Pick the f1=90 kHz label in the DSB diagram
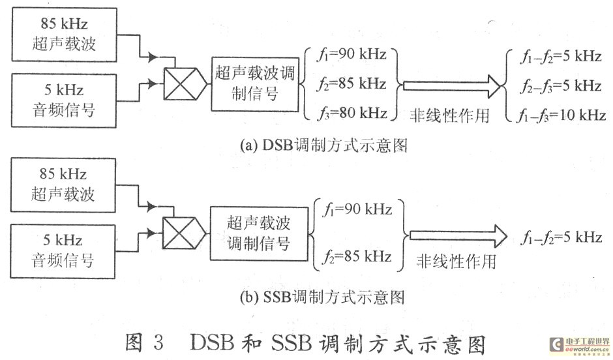pos(351,55)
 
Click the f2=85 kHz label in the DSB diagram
pos(351,84)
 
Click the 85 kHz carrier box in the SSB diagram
pos(64,184)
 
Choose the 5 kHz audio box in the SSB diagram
pos(64,250)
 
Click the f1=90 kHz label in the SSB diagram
pos(357,210)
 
